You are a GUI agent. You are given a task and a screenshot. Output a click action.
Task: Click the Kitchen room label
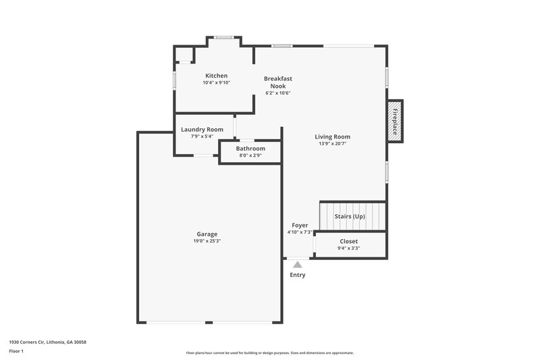tap(216, 76)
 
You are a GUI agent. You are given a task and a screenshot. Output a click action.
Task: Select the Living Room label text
tap(332, 136)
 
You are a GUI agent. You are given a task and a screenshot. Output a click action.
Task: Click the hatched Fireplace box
tap(396, 121)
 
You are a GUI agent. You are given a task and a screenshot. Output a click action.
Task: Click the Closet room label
tap(348, 241)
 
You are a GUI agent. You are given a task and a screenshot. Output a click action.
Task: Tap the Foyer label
tap(300, 225)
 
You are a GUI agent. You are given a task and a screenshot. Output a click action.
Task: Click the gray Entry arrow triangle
tap(298, 264)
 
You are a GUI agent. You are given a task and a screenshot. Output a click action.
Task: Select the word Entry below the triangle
tap(298, 275)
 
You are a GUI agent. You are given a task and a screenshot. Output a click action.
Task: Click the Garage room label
tap(207, 234)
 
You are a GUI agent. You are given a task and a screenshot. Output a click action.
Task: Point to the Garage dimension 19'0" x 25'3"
tap(207, 241)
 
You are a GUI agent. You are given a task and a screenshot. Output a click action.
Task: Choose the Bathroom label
tap(250, 149)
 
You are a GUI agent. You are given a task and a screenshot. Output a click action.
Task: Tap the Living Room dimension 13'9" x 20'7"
tap(332, 143)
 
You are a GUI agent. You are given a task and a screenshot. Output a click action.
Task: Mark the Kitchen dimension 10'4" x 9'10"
tap(216, 82)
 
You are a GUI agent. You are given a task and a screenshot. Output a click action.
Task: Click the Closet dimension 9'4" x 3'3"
tap(348, 248)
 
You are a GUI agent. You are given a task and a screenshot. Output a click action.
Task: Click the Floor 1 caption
tap(16, 352)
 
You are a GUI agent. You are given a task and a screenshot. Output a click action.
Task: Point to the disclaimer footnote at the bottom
tap(269, 353)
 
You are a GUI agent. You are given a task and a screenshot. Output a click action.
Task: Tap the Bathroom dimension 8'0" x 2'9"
tap(250, 155)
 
